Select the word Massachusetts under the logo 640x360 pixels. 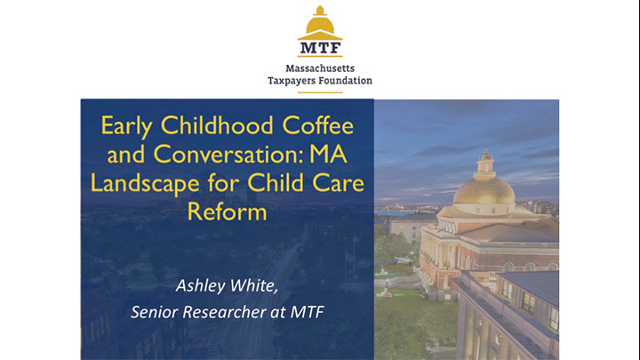pyautogui.click(x=320, y=68)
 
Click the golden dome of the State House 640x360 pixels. pyautogui.click(x=484, y=189)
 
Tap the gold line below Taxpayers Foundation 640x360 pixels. pyautogui.click(x=320, y=92)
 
